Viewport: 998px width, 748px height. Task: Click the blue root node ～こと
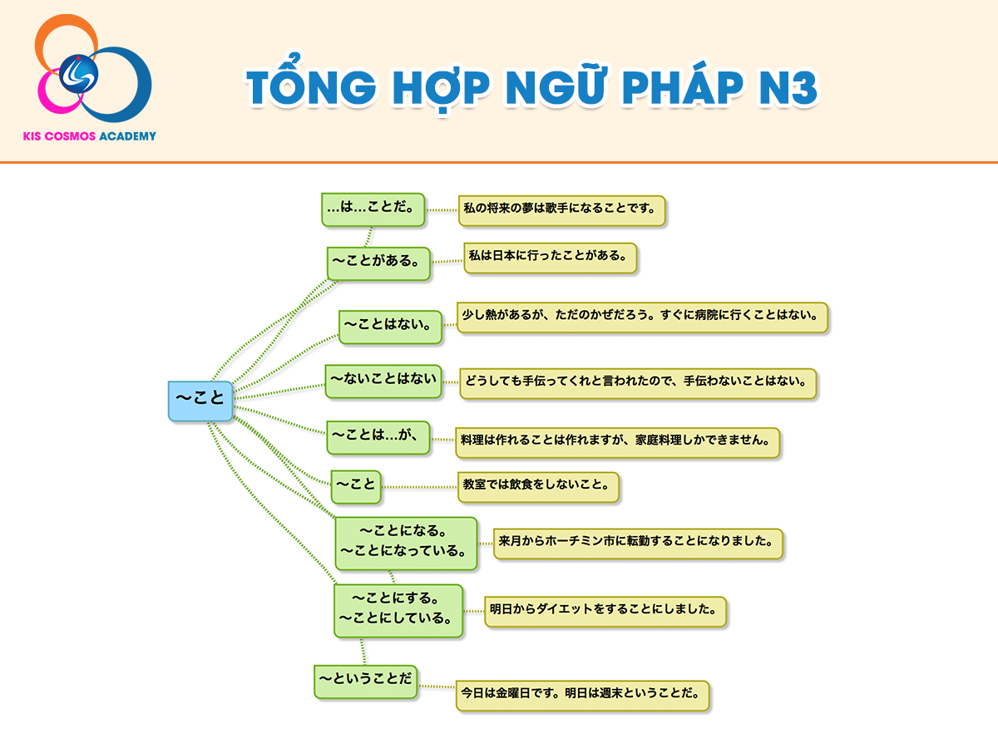click(200, 401)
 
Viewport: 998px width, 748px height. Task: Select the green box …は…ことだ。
click(373, 209)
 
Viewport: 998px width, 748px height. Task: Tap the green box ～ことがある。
click(378, 263)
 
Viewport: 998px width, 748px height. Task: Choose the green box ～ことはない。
click(390, 327)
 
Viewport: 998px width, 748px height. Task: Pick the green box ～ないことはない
click(383, 381)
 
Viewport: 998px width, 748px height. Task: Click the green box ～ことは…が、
click(378, 437)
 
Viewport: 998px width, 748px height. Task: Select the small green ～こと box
click(356, 487)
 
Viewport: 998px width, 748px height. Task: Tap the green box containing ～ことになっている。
click(406, 544)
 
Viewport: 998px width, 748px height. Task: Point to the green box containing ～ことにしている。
click(398, 611)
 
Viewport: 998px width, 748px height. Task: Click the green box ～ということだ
click(366, 682)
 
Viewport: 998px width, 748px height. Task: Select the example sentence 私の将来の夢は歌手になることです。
click(562, 211)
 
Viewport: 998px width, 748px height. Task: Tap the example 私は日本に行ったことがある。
click(551, 258)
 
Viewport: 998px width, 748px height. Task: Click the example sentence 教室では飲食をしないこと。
click(538, 487)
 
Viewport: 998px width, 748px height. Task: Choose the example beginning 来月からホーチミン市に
click(638, 544)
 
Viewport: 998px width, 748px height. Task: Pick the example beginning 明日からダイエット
click(605, 612)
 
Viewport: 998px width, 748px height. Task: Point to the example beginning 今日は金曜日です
click(582, 696)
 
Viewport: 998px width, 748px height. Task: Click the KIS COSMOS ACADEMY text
click(90, 136)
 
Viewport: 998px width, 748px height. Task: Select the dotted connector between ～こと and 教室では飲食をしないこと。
click(419, 487)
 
